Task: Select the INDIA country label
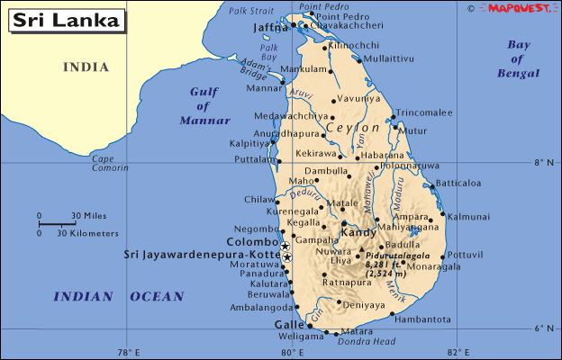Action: pos(86,67)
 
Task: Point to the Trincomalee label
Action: pos(424,112)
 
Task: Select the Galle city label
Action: pos(289,325)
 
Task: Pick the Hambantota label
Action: pos(423,319)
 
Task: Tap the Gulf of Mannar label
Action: pos(206,105)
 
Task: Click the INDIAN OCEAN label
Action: pos(119,296)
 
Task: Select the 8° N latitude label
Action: pos(542,164)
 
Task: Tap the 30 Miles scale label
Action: pos(87,215)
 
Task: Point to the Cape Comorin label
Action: pos(109,164)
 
